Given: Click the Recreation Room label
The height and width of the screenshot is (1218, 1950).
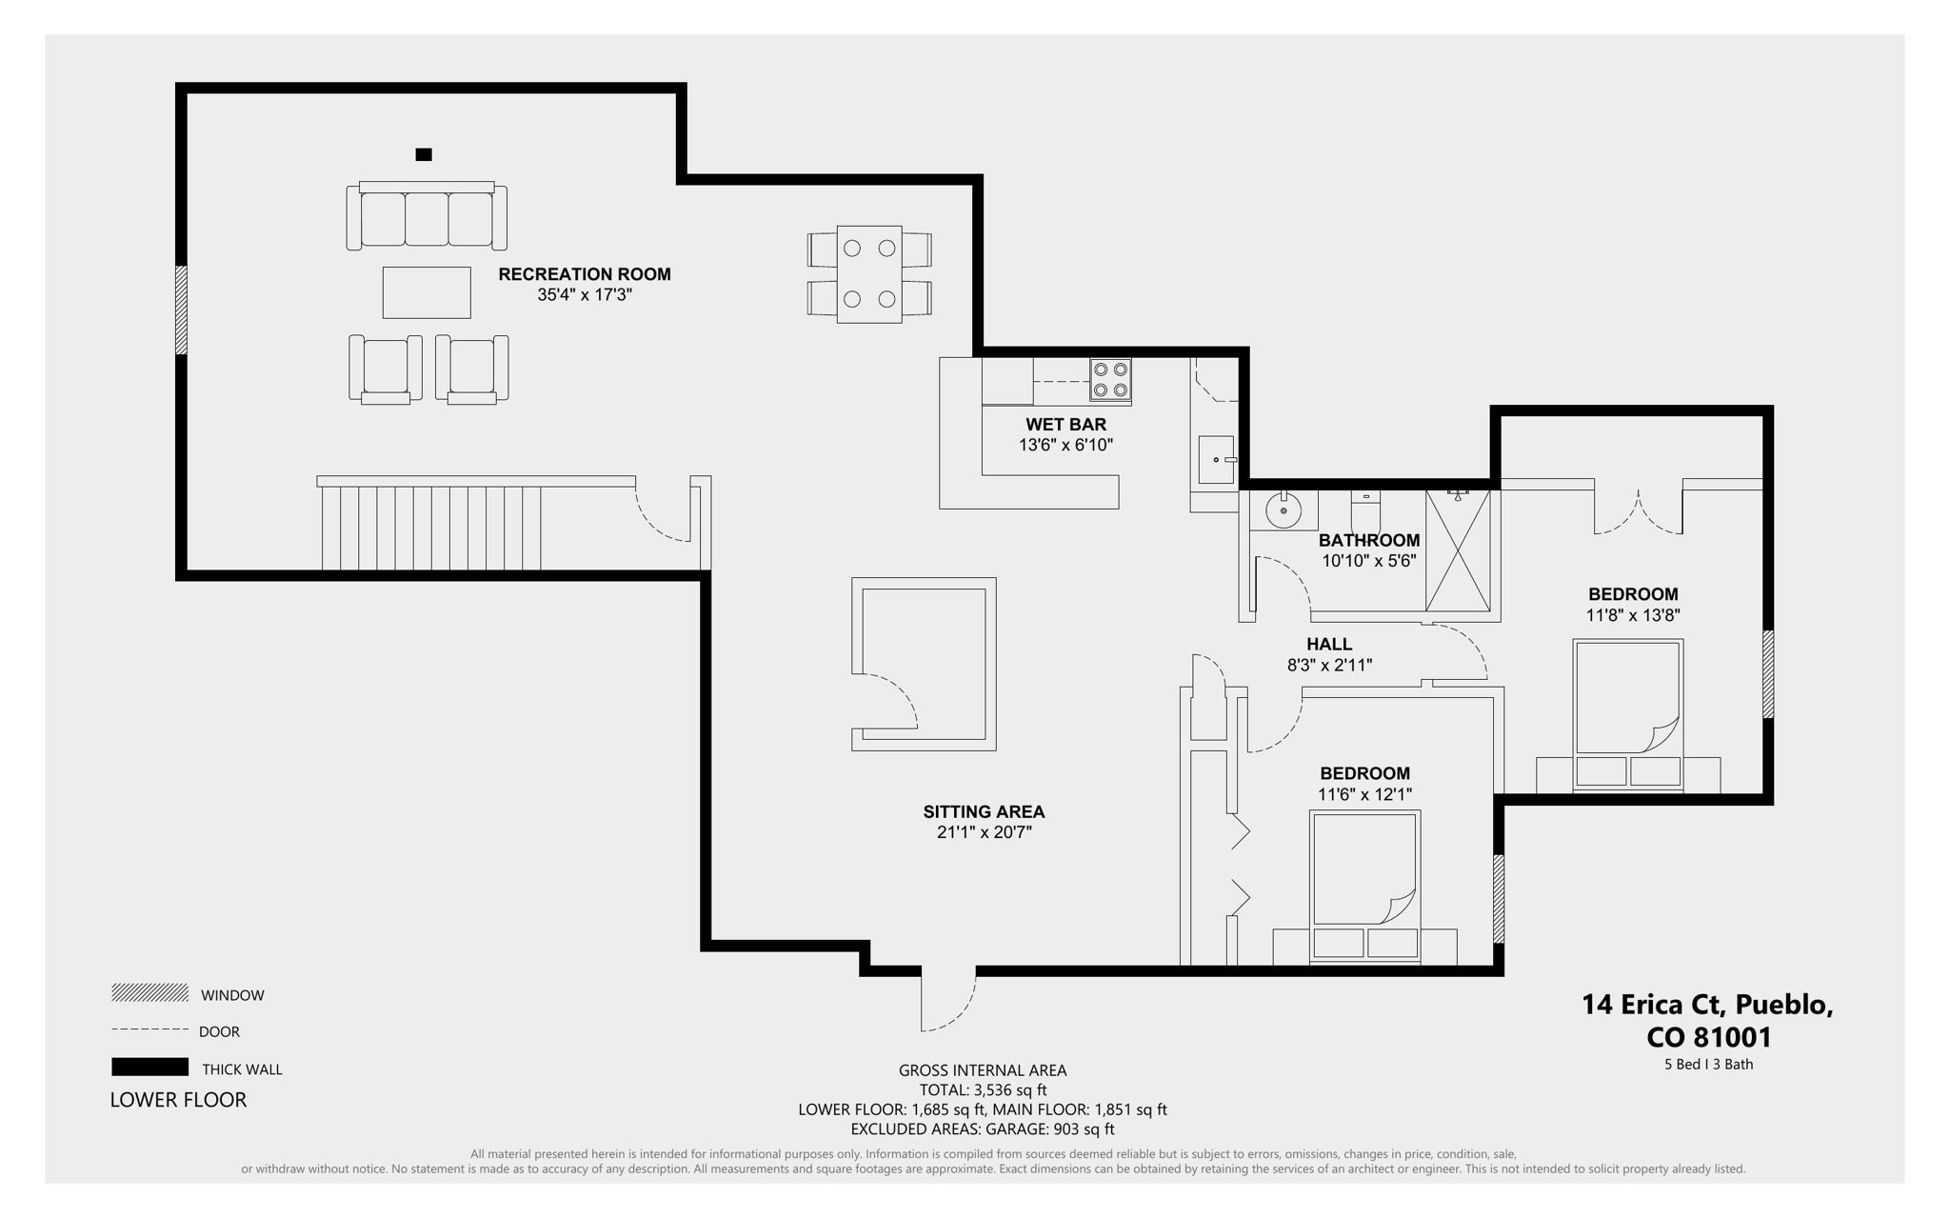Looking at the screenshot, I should pos(584,274).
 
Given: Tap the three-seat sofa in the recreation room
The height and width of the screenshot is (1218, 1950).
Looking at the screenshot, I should pos(427,218).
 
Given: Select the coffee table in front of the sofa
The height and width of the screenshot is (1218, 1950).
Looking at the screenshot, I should pos(427,292).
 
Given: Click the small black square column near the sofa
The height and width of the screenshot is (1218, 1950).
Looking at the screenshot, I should pos(424,154).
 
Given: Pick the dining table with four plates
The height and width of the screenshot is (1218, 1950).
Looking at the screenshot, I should pos(869,274).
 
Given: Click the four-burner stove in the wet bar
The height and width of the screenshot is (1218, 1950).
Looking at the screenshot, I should pos(1110,379).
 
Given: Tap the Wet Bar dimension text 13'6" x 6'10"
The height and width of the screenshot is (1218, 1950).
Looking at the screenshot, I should pos(1065,445).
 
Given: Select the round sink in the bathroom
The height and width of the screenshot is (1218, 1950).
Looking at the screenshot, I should pos(1283,511).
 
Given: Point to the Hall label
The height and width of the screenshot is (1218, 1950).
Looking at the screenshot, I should pos(1329,645).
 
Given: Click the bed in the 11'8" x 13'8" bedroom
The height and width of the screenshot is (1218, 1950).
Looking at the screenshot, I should pos(1628,714).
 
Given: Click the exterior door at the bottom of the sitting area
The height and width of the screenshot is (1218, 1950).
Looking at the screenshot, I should pos(948,1000).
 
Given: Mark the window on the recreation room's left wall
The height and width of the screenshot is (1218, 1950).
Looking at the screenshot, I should pos(181,310).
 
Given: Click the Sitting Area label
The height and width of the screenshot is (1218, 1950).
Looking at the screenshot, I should pos(984,812).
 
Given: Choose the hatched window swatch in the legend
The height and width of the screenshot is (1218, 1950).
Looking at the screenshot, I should pos(149,993).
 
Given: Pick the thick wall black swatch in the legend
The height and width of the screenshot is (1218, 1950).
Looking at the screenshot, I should pos(149,1067).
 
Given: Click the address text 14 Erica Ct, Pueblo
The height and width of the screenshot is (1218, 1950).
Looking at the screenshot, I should pos(1707,1005).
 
